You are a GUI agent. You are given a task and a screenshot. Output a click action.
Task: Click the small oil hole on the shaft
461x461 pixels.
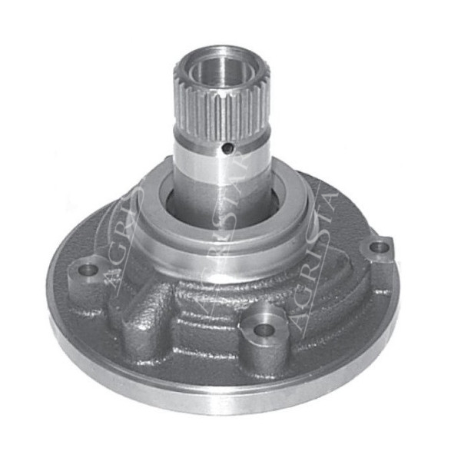click(x=227, y=148)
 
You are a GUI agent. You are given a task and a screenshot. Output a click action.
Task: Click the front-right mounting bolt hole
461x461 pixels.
click(x=264, y=329)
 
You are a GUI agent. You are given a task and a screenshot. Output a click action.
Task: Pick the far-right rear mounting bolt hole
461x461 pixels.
click(x=378, y=247)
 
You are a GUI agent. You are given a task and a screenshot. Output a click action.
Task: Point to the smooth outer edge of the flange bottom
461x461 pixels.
click(x=230, y=400)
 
